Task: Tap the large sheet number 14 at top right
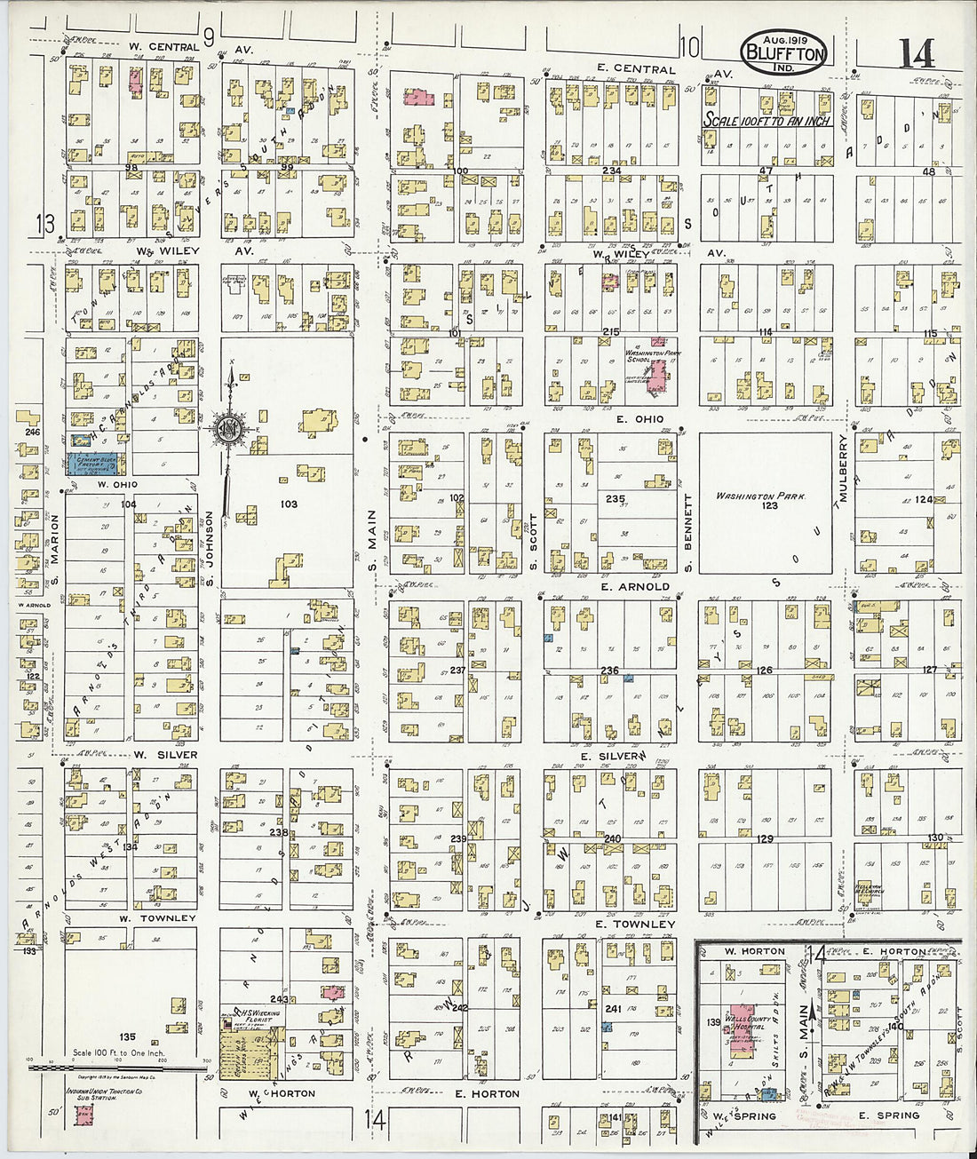pyautogui.click(x=917, y=53)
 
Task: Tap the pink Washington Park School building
pyautogui.click(x=657, y=375)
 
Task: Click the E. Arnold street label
pyautogui.click(x=634, y=586)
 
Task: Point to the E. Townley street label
pyautogui.click(x=634, y=925)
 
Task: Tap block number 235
pyautogui.click(x=615, y=499)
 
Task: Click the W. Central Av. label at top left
pyautogui.click(x=163, y=47)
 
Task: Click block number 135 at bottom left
pyautogui.click(x=128, y=1036)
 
